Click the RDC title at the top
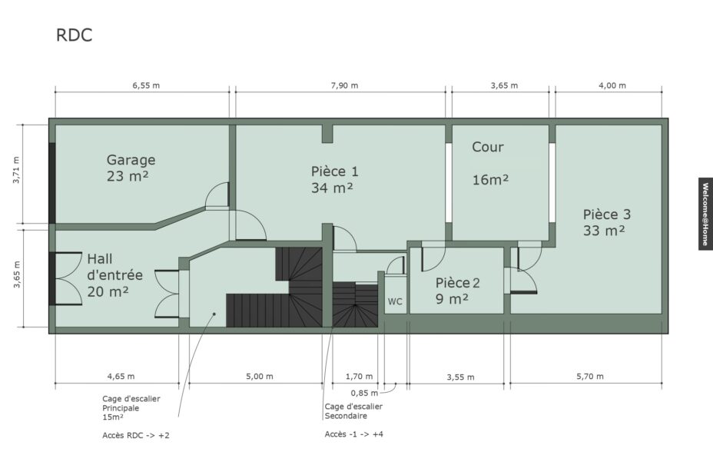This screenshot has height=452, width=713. (74, 35)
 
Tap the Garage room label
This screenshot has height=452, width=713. (131, 160)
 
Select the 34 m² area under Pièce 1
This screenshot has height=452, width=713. (332, 188)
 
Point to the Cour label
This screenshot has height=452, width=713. (487, 147)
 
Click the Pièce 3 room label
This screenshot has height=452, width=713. (607, 214)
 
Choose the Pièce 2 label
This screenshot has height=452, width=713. (457, 283)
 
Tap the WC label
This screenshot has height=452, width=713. (395, 301)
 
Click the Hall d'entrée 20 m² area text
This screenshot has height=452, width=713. (108, 291)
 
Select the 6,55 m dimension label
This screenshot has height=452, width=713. (146, 85)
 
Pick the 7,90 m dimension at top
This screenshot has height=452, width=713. (344, 85)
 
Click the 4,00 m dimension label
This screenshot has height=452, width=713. (612, 85)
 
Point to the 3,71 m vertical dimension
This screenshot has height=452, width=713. (16, 170)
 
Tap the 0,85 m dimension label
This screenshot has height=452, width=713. (364, 393)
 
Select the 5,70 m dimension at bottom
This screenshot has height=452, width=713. (590, 377)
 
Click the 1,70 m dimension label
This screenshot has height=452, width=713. (359, 377)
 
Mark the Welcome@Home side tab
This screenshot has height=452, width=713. (705, 214)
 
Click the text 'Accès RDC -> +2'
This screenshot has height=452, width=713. (135, 436)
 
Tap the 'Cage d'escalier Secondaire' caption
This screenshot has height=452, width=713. (353, 411)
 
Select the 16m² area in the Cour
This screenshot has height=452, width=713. (490, 180)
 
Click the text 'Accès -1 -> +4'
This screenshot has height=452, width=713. (353, 434)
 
